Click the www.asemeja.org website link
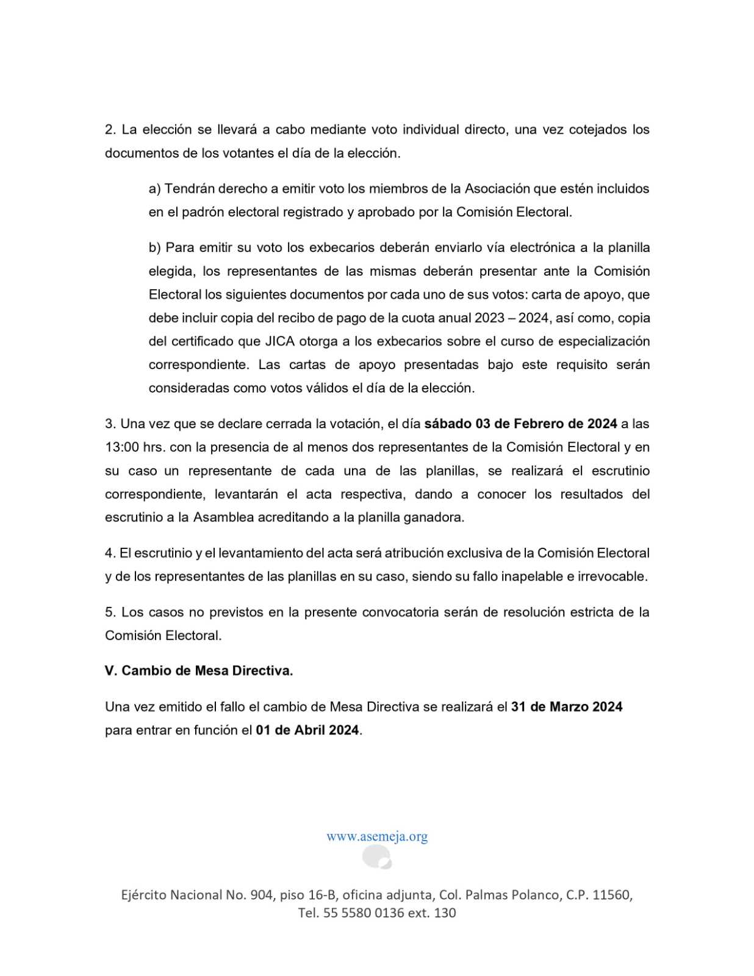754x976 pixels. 376,836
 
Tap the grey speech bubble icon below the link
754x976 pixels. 376,857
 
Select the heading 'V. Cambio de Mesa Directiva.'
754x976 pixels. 199,670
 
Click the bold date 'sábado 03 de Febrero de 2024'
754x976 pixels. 520,423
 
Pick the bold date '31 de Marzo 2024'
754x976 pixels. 567,706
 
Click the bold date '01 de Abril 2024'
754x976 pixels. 307,730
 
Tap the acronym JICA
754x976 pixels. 279,341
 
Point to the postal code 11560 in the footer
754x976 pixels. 611,895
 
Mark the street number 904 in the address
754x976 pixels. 261,895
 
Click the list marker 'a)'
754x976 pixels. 154,188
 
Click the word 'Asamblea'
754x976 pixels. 223,517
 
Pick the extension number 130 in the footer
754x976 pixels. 445,913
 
